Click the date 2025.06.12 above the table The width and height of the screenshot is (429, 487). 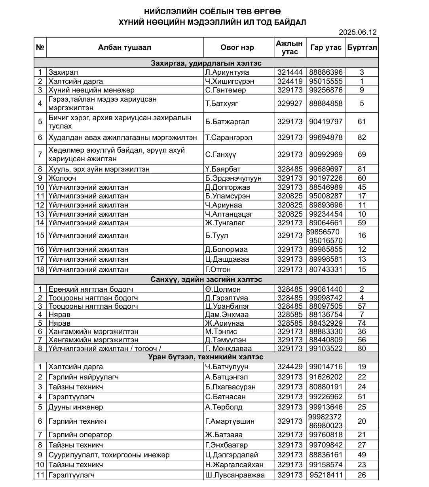tap(358, 32)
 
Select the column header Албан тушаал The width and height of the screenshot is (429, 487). tap(125, 47)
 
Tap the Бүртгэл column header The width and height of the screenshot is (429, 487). tap(362, 47)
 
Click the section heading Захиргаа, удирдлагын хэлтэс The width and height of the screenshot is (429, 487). tap(206, 63)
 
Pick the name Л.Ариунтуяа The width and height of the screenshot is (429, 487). tap(227, 72)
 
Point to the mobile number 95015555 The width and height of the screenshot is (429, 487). tap(326, 81)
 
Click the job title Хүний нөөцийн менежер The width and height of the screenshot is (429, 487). tap(91, 90)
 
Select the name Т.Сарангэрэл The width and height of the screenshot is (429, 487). tap(229, 138)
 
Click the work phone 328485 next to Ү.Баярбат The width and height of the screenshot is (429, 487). tap(290, 169)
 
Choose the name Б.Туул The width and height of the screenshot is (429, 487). tap(217, 236)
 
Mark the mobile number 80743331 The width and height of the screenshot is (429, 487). tap(326, 270)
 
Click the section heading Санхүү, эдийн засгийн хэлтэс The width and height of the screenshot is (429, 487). tap(206, 279)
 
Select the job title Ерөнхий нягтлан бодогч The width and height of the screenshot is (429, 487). tap(91, 289)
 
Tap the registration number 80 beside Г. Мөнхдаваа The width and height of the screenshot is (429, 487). tap(362, 349)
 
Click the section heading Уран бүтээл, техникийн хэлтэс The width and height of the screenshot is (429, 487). tap(206, 357)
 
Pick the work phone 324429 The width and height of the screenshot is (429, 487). tap(290, 367)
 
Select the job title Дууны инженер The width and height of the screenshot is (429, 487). tap(76, 407)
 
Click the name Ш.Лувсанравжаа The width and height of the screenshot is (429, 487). tap(235, 475)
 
